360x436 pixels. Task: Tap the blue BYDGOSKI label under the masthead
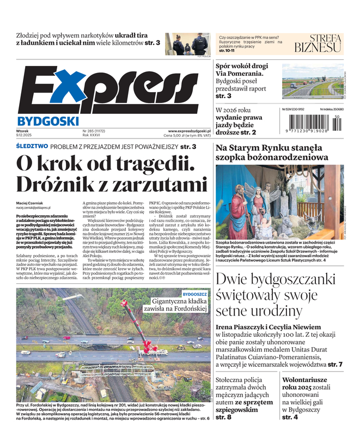(x=48, y=120)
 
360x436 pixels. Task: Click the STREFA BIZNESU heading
(x=318, y=43)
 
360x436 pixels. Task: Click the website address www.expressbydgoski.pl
(x=190, y=131)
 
